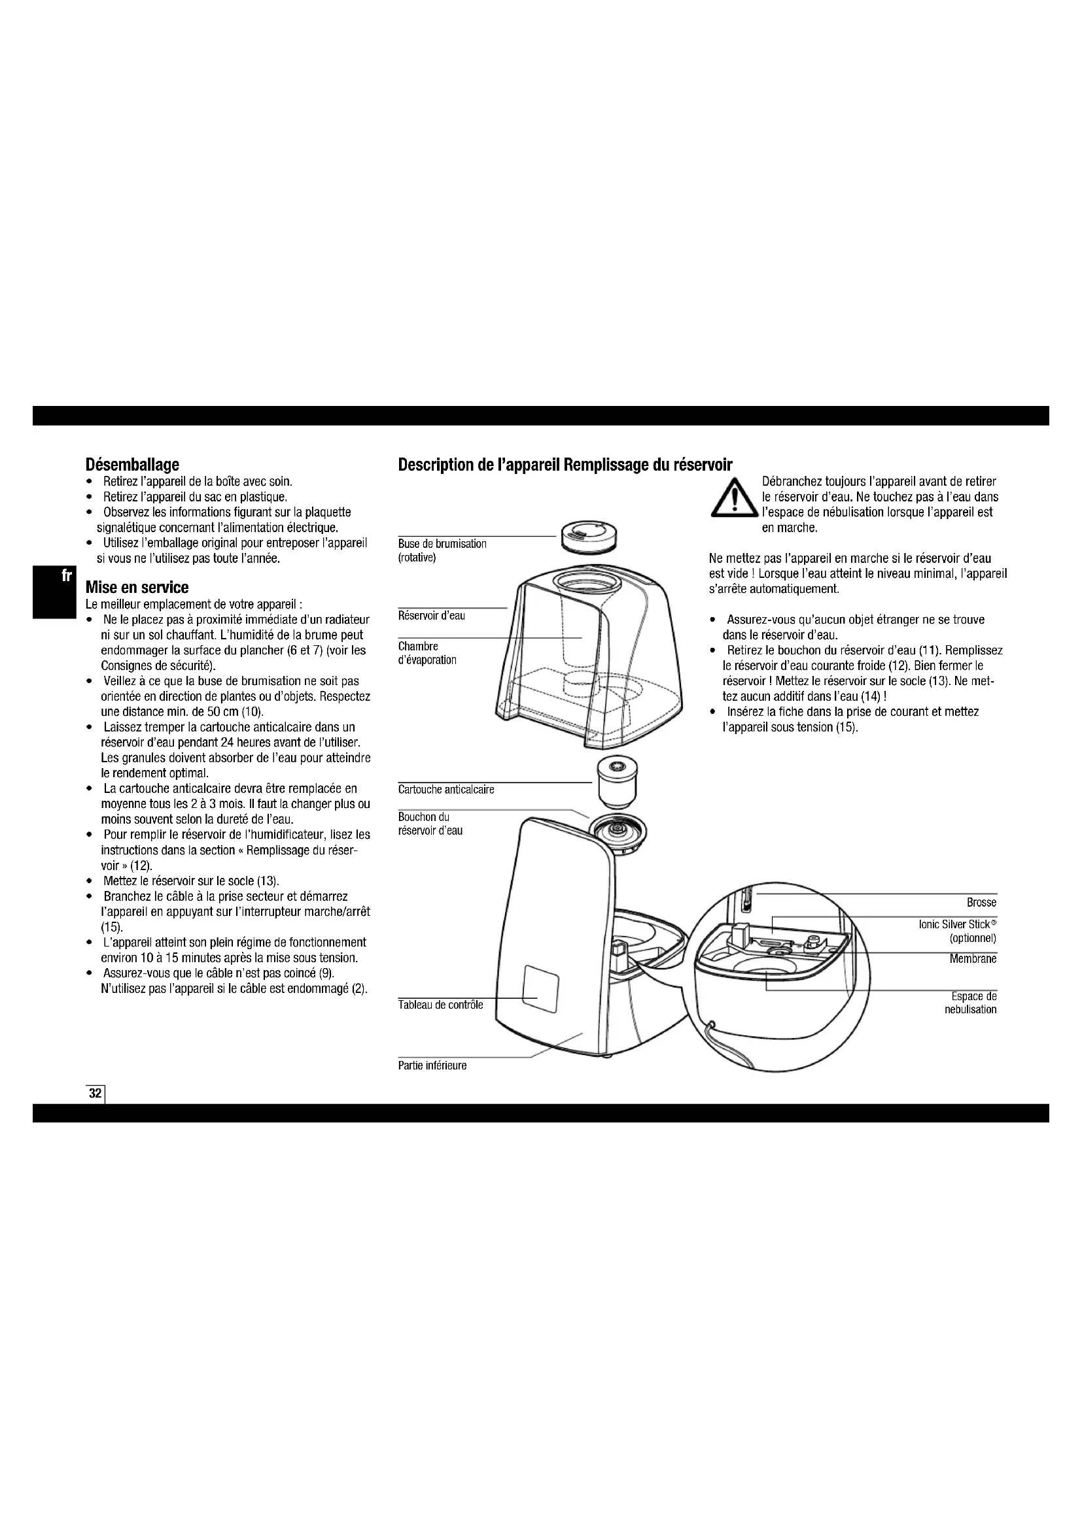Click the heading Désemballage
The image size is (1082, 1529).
132,463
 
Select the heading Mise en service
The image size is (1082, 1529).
137,588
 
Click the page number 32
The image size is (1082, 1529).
96,1094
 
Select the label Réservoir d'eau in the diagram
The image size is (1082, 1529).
431,616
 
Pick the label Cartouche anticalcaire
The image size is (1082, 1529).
445,790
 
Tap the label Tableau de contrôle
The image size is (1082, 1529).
440,1005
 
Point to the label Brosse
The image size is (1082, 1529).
981,902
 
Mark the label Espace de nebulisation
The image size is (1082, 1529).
973,1003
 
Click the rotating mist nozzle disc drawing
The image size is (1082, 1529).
589,534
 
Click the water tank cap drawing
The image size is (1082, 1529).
620,835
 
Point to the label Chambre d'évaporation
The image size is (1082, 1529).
427,653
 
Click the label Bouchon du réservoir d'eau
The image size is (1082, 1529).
430,824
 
